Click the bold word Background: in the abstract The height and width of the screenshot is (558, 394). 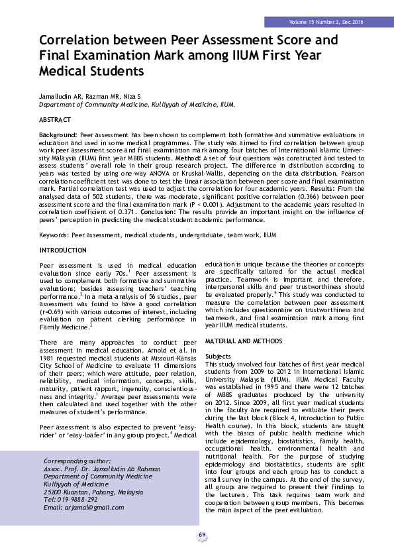coord(58,135)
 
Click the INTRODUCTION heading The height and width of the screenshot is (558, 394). coord(63,251)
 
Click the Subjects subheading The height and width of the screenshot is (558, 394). coord(218,356)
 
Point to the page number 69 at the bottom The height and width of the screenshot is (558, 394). coord(202,535)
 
